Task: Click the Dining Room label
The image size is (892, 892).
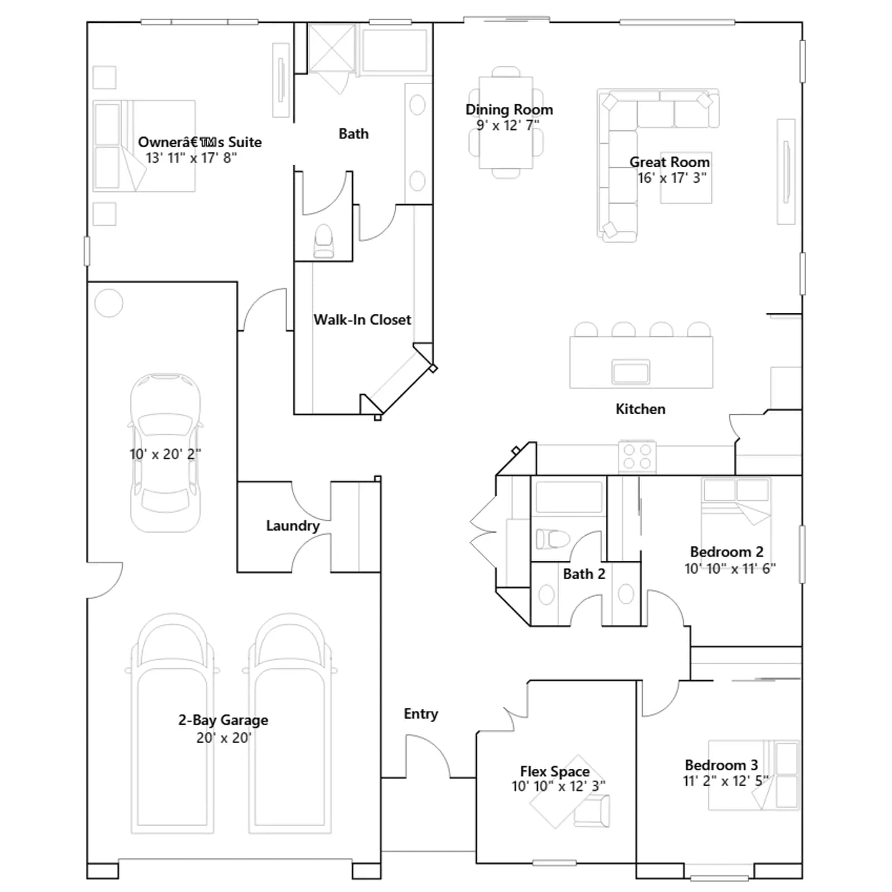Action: point(509,110)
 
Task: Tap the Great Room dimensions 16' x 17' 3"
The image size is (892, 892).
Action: point(672,178)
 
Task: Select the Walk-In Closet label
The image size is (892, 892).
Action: point(362,319)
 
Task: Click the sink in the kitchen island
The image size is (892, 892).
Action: point(631,371)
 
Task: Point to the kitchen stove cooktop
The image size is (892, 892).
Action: point(637,457)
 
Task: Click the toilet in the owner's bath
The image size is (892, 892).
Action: point(323,241)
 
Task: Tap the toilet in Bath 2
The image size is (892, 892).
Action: point(552,539)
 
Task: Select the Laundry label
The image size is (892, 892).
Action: point(293,526)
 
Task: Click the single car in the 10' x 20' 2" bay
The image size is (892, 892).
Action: point(166,453)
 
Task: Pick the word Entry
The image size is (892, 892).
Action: point(421,714)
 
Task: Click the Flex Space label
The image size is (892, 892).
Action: point(555,772)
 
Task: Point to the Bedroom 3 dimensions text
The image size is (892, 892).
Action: point(726,781)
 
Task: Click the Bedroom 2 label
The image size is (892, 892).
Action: point(726,552)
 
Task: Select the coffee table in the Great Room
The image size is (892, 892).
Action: point(686,178)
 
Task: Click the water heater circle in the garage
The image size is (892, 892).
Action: point(109,303)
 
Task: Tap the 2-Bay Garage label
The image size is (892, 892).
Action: point(223,720)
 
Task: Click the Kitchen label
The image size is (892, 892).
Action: point(641,409)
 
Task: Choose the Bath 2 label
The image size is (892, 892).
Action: point(584,574)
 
